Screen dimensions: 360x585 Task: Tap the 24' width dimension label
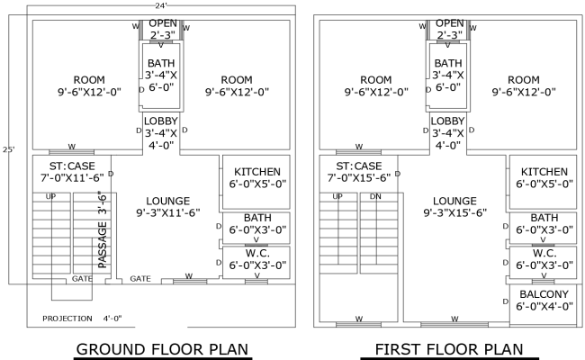(162, 5)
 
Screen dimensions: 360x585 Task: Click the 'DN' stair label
(375, 196)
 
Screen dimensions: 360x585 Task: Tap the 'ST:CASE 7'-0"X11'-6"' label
(68, 171)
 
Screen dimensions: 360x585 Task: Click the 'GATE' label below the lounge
(139, 279)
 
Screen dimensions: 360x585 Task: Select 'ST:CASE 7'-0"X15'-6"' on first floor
(357, 171)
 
